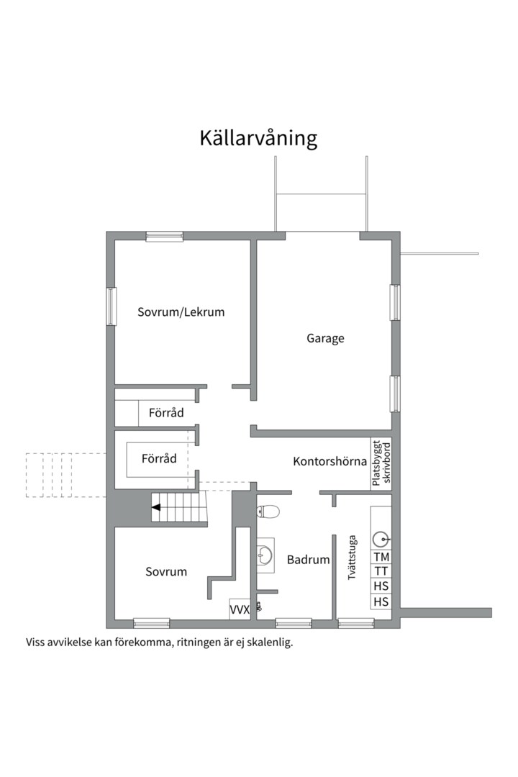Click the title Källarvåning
tap(258, 138)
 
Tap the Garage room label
tap(325, 337)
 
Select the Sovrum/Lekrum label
tap(181, 312)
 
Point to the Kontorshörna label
tap(330, 461)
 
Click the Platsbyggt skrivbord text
tap(381, 464)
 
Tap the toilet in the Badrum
tap(268, 512)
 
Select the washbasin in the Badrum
tap(265, 555)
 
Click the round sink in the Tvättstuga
tap(381, 537)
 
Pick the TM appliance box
tap(381, 557)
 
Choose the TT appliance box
tap(381, 571)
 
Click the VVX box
tap(239, 609)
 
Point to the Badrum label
tap(308, 560)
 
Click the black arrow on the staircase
tap(155, 507)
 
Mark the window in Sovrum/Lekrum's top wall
tap(164, 236)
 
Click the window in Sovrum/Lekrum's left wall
tap(112, 306)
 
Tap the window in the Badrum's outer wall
tap(294, 623)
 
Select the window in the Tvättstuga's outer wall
tap(356, 623)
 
